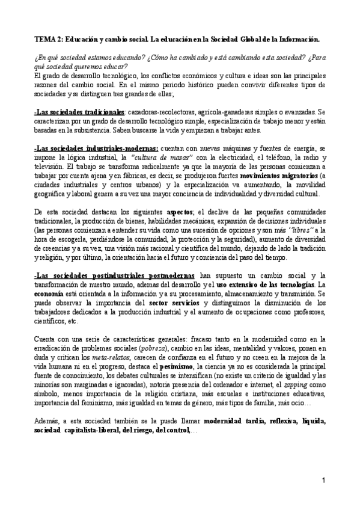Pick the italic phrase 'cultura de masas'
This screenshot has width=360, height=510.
point(141,158)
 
